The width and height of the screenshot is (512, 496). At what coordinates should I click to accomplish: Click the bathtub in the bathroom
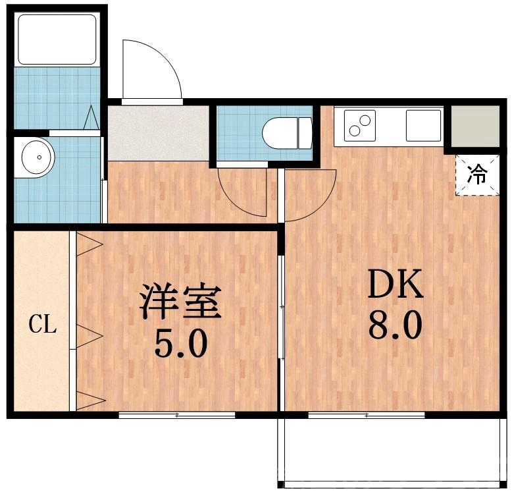57,40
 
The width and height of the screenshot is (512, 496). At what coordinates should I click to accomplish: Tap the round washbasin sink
38,157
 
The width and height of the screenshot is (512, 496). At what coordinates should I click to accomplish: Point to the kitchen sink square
422,125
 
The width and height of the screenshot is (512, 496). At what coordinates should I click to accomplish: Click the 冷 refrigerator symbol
477,175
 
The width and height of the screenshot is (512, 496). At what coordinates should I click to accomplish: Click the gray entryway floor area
158,132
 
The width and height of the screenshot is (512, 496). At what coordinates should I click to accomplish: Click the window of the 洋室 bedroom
177,415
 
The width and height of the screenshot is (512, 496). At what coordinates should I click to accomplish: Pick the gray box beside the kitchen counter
474,125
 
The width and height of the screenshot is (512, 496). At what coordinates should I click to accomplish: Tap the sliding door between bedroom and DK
281,307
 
